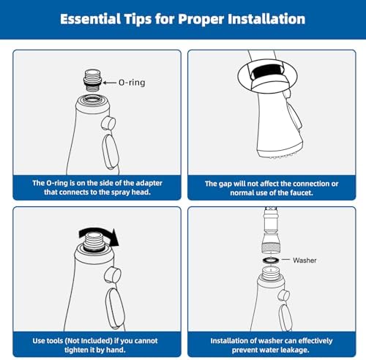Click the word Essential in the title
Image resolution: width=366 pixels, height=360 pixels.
90,19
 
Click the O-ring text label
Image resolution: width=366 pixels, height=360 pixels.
132,83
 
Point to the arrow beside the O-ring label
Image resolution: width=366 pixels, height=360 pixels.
109,83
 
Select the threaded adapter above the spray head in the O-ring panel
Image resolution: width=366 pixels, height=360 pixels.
93,80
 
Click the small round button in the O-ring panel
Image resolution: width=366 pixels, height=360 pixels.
108,123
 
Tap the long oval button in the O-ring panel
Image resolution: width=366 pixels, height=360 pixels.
111,151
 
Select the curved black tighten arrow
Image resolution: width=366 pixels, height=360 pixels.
100,236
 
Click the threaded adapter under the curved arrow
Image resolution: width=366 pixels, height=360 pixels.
95,242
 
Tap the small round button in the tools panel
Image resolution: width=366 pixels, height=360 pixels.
113,275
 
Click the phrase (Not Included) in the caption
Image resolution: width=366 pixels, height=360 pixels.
89,340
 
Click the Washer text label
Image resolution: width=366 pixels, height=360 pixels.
305,260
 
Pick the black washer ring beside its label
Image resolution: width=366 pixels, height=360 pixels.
271,260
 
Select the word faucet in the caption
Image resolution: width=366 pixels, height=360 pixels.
302,193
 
